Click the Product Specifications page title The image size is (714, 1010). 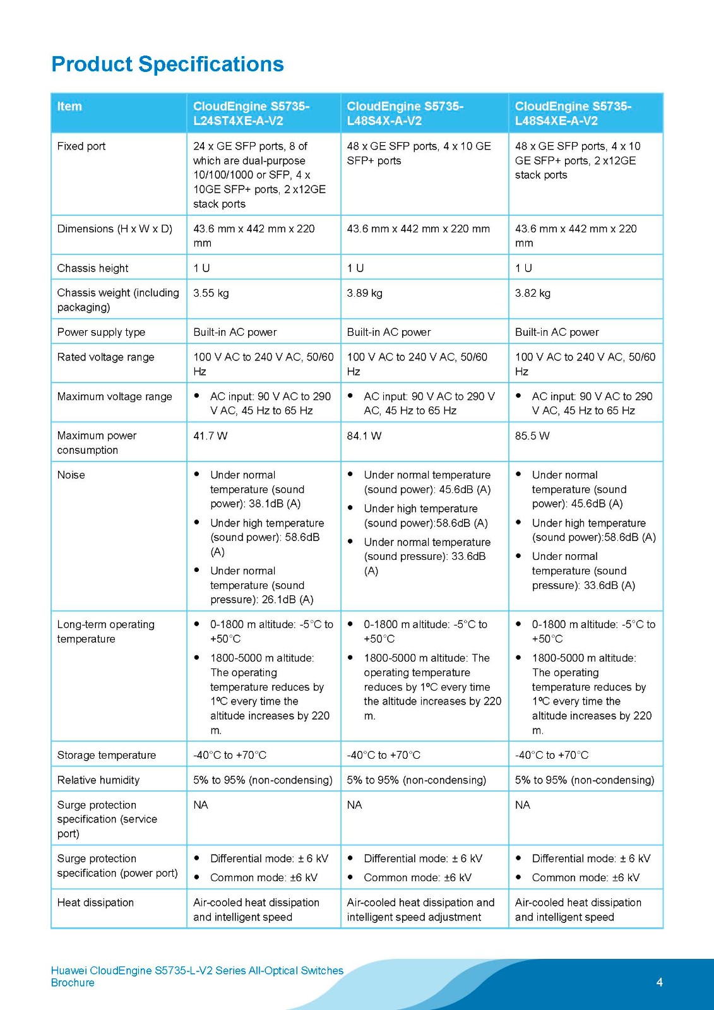click(x=167, y=64)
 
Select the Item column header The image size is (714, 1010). click(x=69, y=107)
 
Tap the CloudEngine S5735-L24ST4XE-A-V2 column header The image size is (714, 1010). click(x=251, y=114)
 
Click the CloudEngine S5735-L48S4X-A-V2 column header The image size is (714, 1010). click(x=405, y=114)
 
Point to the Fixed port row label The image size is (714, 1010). click(x=81, y=146)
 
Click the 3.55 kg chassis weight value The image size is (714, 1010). click(x=211, y=293)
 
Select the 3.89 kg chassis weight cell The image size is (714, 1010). click(x=364, y=293)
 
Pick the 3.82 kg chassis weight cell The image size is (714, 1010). click(x=532, y=293)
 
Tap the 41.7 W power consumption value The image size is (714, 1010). click(x=210, y=436)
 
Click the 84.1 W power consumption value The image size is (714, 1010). click(x=364, y=436)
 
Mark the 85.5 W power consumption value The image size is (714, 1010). click(x=532, y=436)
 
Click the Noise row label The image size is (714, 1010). click(x=71, y=475)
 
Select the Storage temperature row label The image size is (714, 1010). click(x=106, y=755)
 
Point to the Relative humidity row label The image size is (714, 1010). click(x=98, y=780)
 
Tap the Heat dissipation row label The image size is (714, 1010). click(x=95, y=903)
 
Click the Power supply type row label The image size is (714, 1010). click(x=101, y=332)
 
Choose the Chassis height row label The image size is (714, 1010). click(x=92, y=268)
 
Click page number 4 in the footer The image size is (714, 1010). click(x=659, y=982)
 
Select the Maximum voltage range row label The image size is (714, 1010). click(x=114, y=396)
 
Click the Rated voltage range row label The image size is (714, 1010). click(x=105, y=357)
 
